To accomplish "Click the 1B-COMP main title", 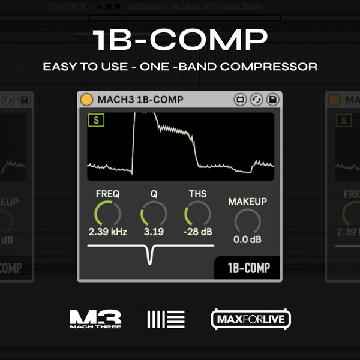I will (180, 40).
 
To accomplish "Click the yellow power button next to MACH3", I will (87, 99).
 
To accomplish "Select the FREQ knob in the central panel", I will (107, 214).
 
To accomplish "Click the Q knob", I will (153, 214).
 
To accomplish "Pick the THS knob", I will (197, 214).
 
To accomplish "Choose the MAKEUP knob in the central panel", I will (247, 222).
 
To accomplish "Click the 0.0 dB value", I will (247, 240).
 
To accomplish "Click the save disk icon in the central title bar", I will (272, 99).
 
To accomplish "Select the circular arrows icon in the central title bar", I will (256, 99).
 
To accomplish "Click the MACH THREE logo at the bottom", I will (95, 319).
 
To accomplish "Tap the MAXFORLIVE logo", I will (251, 319).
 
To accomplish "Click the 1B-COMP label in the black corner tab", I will (248, 268).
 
